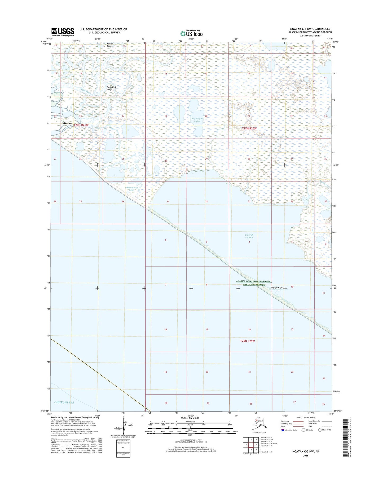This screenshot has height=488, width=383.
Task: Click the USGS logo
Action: click(x=63, y=32)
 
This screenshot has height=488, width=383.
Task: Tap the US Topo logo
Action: click(x=191, y=33)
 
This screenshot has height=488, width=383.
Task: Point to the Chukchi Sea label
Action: click(x=64, y=402)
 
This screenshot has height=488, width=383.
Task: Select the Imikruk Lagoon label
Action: click(x=249, y=236)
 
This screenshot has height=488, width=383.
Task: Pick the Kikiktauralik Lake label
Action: click(x=131, y=189)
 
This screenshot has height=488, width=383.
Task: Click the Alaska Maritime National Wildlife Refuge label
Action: click(x=254, y=283)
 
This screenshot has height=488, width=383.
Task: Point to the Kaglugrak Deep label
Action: click(x=109, y=88)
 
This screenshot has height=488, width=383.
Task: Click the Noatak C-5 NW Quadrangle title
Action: click(x=310, y=29)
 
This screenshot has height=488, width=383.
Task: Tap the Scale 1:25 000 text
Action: click(x=190, y=418)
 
